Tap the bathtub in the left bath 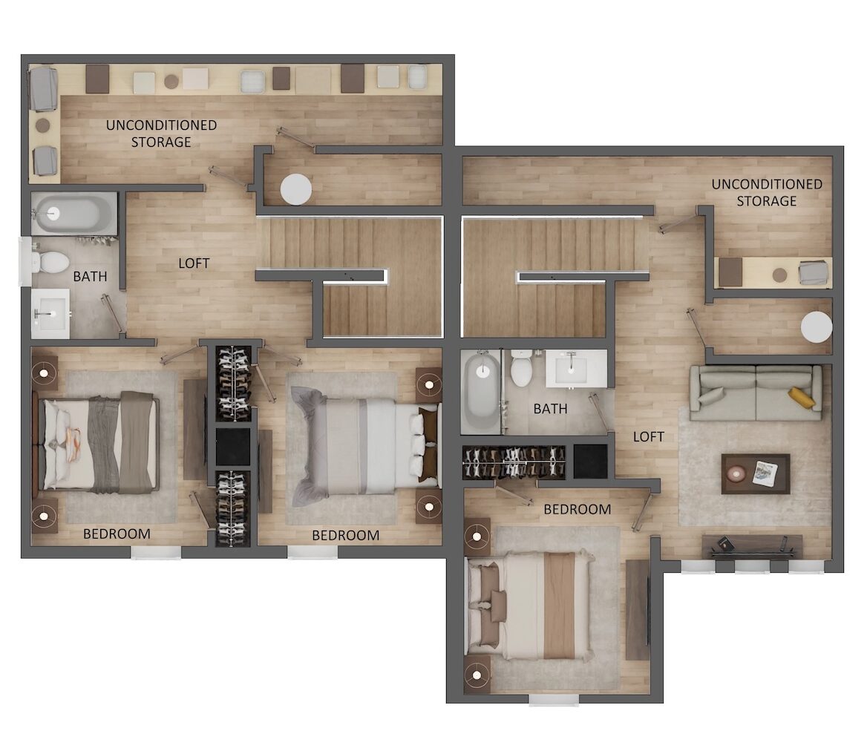point(73,214)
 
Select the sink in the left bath point(50,314)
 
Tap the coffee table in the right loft point(756,473)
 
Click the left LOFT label point(194,263)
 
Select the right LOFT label point(648,437)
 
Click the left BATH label point(90,277)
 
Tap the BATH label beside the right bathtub point(550,409)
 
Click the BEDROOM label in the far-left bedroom point(117,534)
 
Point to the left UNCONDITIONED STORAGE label point(161,134)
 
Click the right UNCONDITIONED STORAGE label point(766,192)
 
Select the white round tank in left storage point(296,189)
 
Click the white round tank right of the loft point(816,327)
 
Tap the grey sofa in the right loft point(756,393)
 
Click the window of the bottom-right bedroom point(554,701)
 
